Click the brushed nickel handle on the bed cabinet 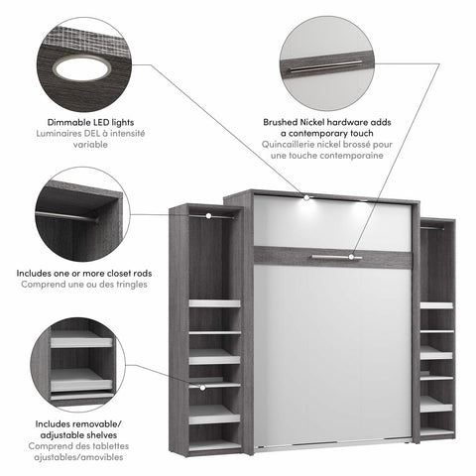click(333, 257)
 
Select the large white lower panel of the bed click(328, 357)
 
